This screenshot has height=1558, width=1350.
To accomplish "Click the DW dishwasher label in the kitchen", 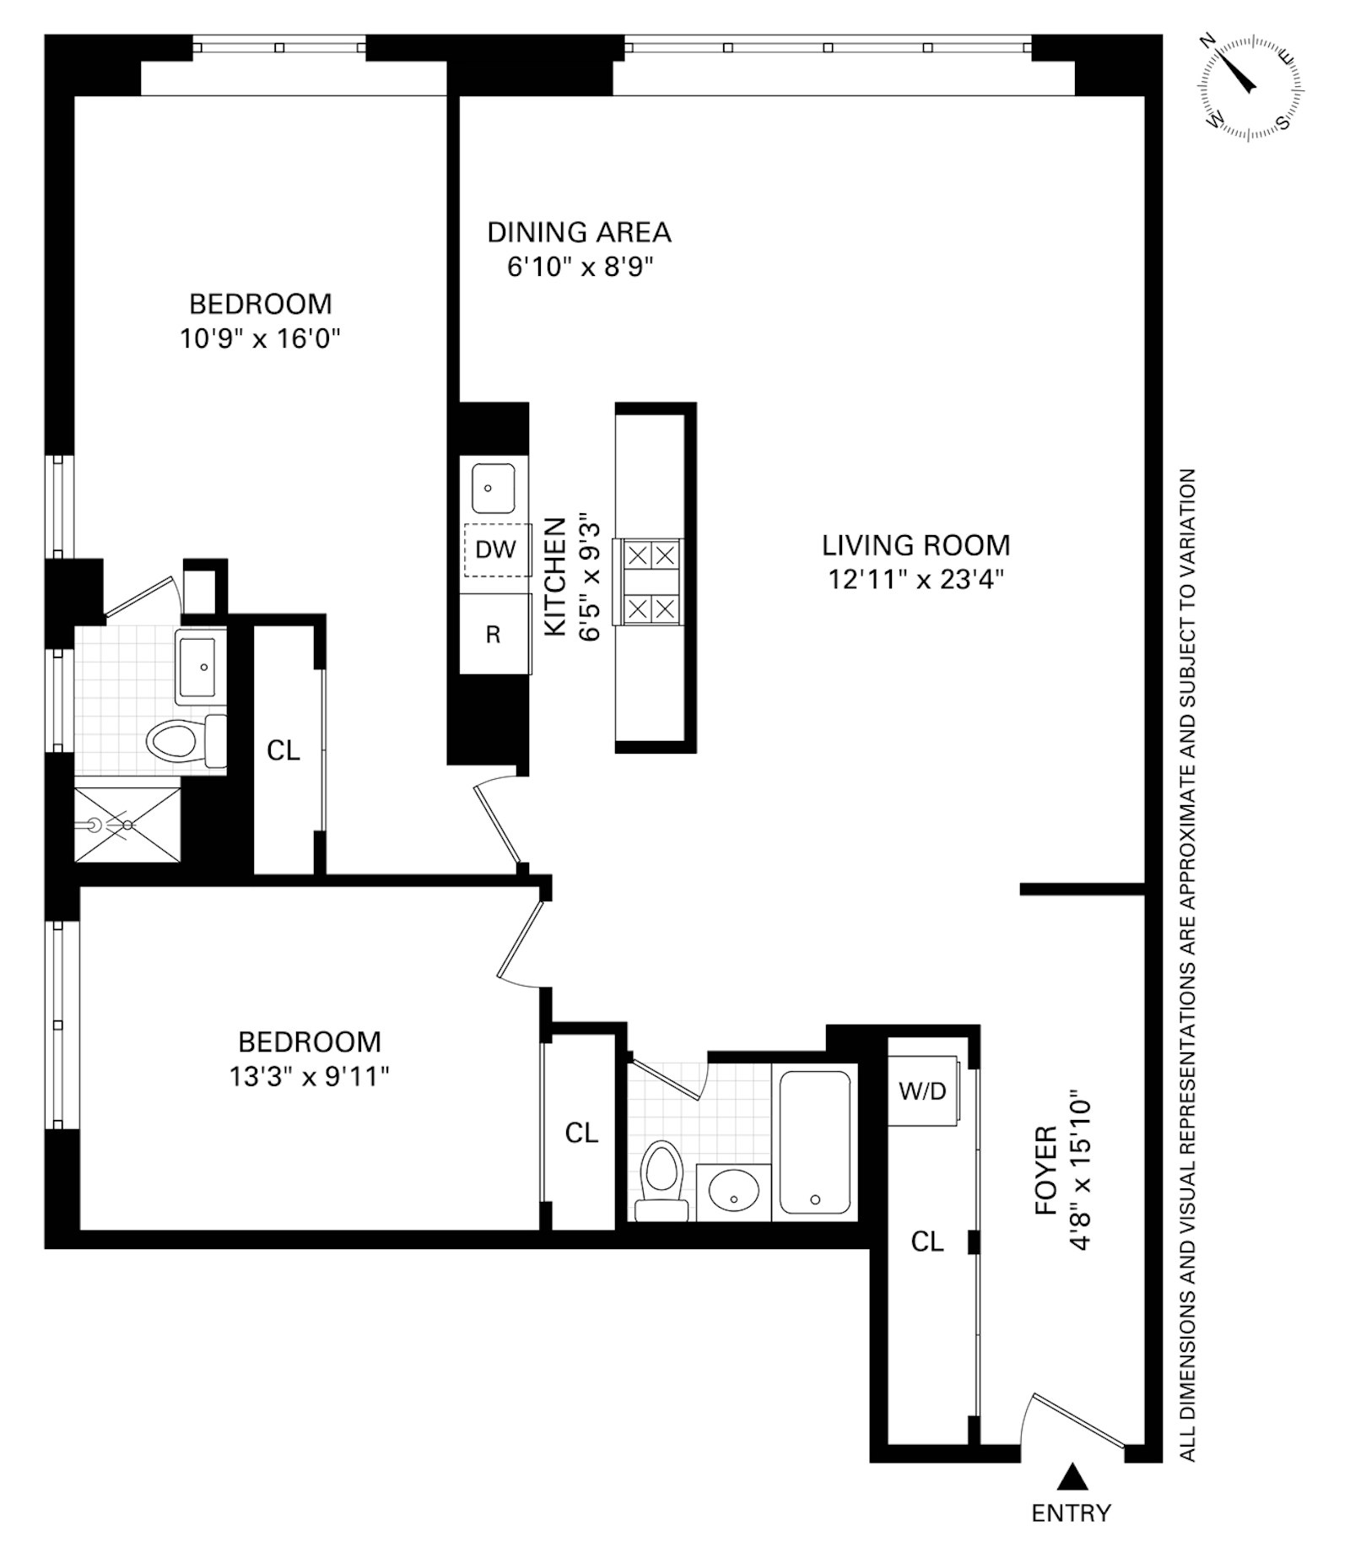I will (495, 549).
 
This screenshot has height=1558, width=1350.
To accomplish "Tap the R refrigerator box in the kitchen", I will (494, 634).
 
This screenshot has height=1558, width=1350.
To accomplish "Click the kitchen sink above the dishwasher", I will (493, 488).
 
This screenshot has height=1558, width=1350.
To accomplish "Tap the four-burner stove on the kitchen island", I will (651, 582).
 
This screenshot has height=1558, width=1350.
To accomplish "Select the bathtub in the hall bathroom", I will (814, 1142).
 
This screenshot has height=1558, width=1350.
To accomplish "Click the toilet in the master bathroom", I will (177, 742).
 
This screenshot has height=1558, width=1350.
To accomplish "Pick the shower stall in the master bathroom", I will (127, 825).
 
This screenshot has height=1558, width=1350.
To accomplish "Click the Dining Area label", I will (579, 231).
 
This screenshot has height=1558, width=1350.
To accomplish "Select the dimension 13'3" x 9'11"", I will (309, 1076).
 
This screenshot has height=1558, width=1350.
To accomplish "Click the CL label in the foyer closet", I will (926, 1241).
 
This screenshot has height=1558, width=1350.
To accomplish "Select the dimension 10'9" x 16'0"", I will (259, 338).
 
